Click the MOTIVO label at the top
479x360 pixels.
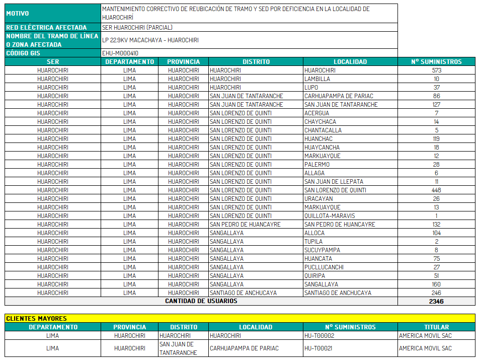[18, 14]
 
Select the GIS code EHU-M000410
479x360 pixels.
[120, 53]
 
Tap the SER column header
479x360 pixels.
[53, 62]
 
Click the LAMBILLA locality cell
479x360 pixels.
[317, 79]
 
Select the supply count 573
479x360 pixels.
[436, 70]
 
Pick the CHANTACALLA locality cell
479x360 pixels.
[323, 130]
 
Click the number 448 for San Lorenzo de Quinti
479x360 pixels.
[436, 190]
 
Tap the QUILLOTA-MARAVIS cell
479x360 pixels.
[330, 216]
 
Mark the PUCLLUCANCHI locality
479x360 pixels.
[324, 267]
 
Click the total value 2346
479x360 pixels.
[436, 301]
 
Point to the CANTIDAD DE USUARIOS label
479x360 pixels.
[201, 301]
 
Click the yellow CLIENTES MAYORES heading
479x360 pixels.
[36, 318]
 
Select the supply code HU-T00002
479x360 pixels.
[320, 336]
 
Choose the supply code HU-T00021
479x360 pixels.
[319, 348]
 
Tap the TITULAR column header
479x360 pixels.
[436, 327]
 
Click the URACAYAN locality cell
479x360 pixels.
[318, 199]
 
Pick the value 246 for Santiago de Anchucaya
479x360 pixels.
[436, 293]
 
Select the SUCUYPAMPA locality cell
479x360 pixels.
[322, 250]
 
